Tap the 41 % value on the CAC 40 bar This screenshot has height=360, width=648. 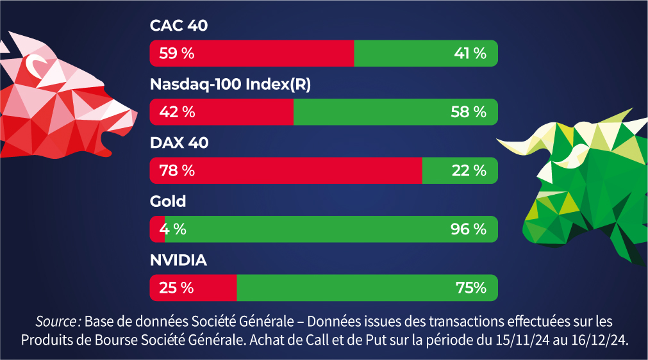point(470,53)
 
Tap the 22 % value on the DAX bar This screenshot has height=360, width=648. point(470,171)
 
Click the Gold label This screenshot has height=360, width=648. point(168,202)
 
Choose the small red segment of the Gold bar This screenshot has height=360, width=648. point(156,229)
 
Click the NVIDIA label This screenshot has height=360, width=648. point(178,261)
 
